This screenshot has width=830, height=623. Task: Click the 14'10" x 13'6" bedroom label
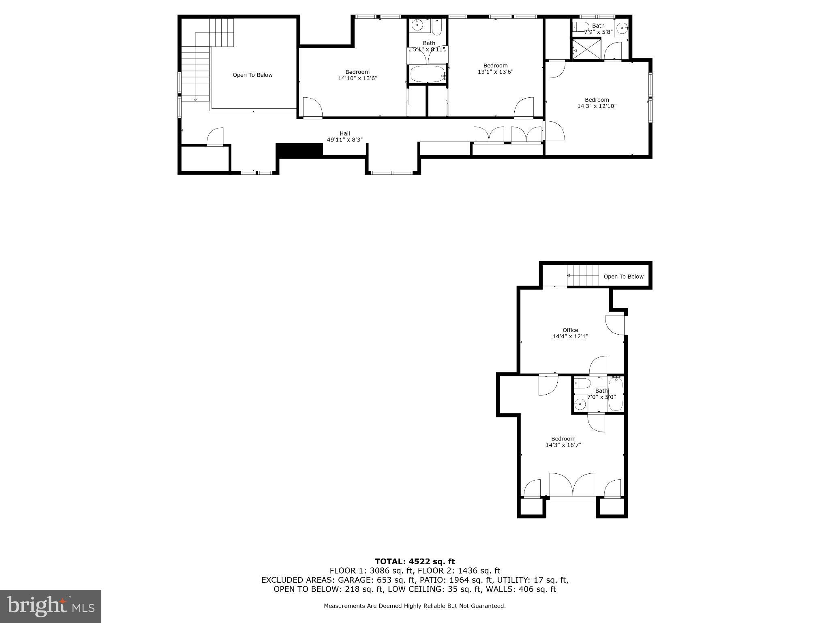pyautogui.click(x=357, y=75)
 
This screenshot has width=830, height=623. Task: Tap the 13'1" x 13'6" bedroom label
pyautogui.click(x=495, y=69)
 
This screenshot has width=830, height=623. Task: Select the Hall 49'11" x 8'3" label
pyautogui.click(x=344, y=136)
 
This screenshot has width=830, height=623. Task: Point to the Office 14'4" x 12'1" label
pyautogui.click(x=570, y=333)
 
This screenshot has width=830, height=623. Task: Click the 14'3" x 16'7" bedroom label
pyautogui.click(x=563, y=442)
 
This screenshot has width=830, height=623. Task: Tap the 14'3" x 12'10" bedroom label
pyautogui.click(x=597, y=103)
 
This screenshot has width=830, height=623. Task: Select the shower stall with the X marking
pyautogui.click(x=586, y=49)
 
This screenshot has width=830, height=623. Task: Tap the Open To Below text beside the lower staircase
pyautogui.click(x=623, y=277)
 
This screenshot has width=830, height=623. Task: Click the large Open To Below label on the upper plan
pyautogui.click(x=252, y=75)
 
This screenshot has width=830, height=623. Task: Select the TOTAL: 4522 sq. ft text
pyautogui.click(x=415, y=561)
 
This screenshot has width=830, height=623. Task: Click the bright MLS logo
pyautogui.click(x=51, y=606)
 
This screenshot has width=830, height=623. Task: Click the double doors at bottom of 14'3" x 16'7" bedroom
pyautogui.click(x=573, y=486)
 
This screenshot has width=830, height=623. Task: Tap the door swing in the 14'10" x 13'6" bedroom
pyautogui.click(x=312, y=108)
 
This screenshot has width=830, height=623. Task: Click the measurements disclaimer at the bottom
pyautogui.click(x=415, y=606)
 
